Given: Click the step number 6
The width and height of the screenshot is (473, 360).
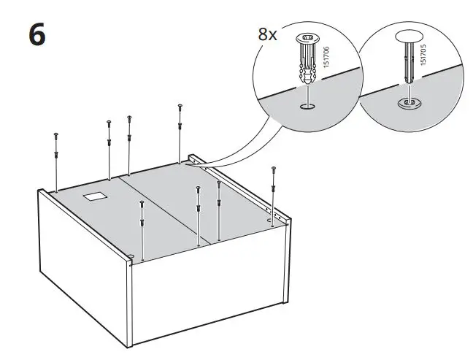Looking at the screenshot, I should pos(37,34).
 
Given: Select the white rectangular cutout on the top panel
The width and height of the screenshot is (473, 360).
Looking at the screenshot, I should pos(95,196).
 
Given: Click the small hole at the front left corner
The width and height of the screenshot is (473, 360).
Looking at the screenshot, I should pos(131,256).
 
